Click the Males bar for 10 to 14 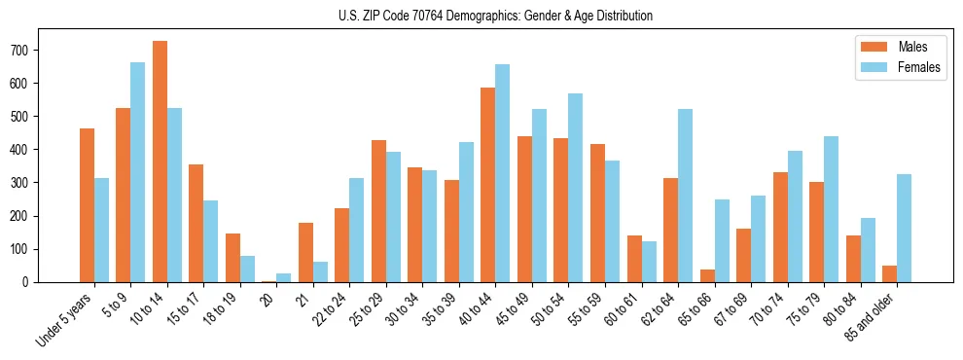(x=160, y=162)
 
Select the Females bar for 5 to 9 (x=137, y=172)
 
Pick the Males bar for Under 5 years (x=87, y=205)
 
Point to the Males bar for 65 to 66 (x=707, y=275)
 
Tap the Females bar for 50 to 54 (x=576, y=188)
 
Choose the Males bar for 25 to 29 (x=378, y=211)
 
